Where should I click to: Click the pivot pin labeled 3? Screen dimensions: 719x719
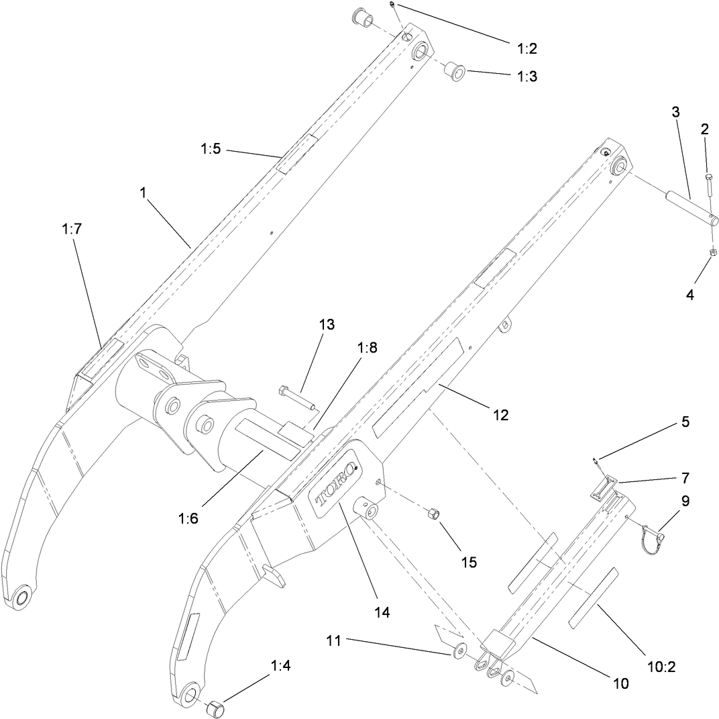(691, 208)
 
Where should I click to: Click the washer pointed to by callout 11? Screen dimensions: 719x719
(459, 651)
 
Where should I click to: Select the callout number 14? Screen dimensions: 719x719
(382, 612)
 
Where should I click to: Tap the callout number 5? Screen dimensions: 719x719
(685, 422)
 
